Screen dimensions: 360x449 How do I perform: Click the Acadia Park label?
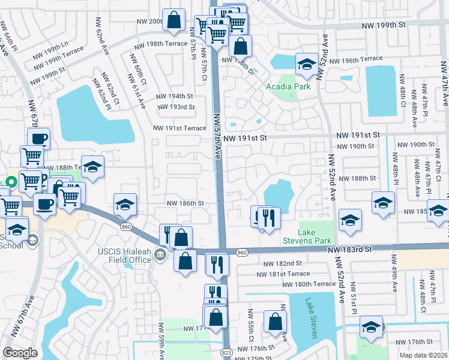pos(288,87)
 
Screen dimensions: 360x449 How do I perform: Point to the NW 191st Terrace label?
pos(179,128)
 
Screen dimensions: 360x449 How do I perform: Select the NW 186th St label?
pos(185,203)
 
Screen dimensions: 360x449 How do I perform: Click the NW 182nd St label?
pos(282,263)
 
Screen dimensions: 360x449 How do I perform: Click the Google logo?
pos(20,353)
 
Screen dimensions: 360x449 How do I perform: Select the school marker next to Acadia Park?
pos(306,65)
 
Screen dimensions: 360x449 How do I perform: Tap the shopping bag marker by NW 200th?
pos(173,20)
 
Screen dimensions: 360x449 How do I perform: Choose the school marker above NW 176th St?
pos(371,328)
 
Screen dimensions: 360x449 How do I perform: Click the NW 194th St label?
pos(175,96)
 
